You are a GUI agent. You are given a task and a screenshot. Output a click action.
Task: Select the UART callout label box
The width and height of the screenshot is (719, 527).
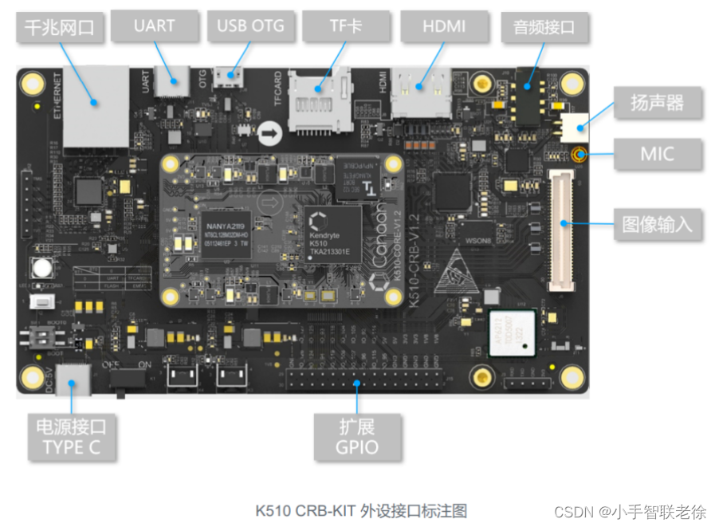(x=154, y=26)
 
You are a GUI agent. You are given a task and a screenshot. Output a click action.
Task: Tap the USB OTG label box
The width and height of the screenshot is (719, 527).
(x=250, y=26)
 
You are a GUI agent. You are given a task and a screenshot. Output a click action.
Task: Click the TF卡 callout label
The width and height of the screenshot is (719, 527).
(x=345, y=27)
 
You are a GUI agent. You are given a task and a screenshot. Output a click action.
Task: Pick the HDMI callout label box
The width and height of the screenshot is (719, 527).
(x=444, y=27)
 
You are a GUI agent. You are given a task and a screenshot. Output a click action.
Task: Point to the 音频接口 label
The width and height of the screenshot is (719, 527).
(x=546, y=28)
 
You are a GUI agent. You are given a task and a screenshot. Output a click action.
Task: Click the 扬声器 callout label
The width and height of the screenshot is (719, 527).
(x=656, y=104)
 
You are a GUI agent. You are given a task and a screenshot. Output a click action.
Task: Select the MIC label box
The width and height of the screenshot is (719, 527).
(x=656, y=154)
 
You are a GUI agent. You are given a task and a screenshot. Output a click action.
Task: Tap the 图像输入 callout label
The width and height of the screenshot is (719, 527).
(x=657, y=224)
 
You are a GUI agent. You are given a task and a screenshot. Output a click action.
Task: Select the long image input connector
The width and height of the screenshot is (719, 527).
(x=560, y=230)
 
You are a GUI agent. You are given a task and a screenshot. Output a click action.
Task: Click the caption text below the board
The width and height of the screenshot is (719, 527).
(x=360, y=509)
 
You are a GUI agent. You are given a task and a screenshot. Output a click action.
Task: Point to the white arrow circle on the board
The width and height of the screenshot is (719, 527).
(x=272, y=133)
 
